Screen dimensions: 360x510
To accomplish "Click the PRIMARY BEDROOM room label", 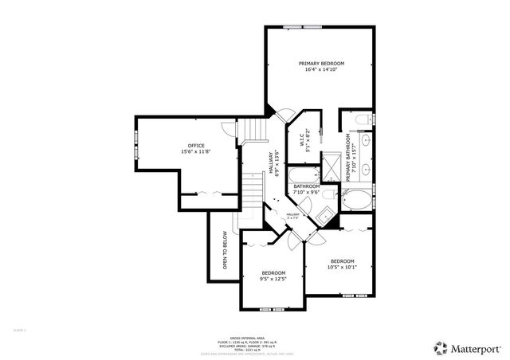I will tap(321, 63).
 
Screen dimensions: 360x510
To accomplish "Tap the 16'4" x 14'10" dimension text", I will tap(321, 70).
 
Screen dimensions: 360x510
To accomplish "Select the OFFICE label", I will tap(196, 145).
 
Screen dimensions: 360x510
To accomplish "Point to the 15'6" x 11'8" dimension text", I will tap(196, 151).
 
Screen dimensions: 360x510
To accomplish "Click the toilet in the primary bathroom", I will tap(362, 120).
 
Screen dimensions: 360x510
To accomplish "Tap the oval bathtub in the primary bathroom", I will tap(355, 199).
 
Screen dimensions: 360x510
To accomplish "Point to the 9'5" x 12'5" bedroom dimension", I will tap(273, 279).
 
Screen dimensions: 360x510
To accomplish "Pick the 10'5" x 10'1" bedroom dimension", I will tap(342, 268).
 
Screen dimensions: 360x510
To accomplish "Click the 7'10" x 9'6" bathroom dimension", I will tap(306, 192).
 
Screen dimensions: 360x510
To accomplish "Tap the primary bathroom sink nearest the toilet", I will tap(364, 141).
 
